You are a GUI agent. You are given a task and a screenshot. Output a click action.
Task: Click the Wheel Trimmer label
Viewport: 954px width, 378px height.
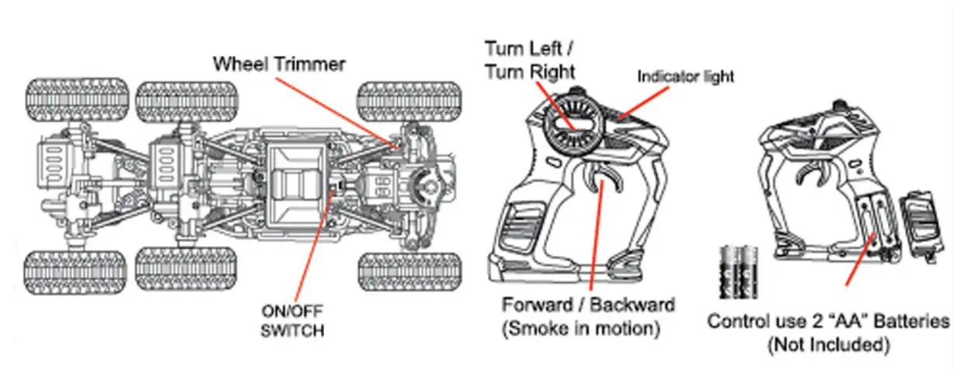pos(279,64)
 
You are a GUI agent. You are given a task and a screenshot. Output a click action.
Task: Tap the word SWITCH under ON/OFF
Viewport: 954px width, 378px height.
pos(292,331)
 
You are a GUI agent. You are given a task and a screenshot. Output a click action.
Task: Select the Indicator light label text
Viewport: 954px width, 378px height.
pos(685,76)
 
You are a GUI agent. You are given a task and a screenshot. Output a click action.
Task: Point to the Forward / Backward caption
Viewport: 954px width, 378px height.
pos(589,304)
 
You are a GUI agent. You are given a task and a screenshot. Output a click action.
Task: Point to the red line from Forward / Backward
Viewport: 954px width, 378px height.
pos(594,241)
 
